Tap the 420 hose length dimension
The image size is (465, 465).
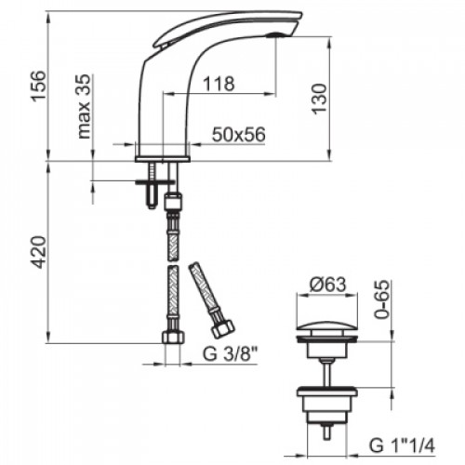pyautogui.click(x=39, y=252)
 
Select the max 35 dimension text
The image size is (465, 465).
pyautogui.click(x=84, y=106)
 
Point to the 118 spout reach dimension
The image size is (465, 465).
pyautogui.click(x=219, y=84)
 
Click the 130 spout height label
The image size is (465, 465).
pyautogui.click(x=320, y=100)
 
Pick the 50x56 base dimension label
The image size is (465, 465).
pyautogui.click(x=239, y=135)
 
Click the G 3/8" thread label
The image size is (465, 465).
pyautogui.click(x=230, y=353)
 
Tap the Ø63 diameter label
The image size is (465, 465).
pyautogui.click(x=327, y=285)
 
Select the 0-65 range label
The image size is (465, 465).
pyautogui.click(x=381, y=299)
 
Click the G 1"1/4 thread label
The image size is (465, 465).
pyautogui.click(x=402, y=445)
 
